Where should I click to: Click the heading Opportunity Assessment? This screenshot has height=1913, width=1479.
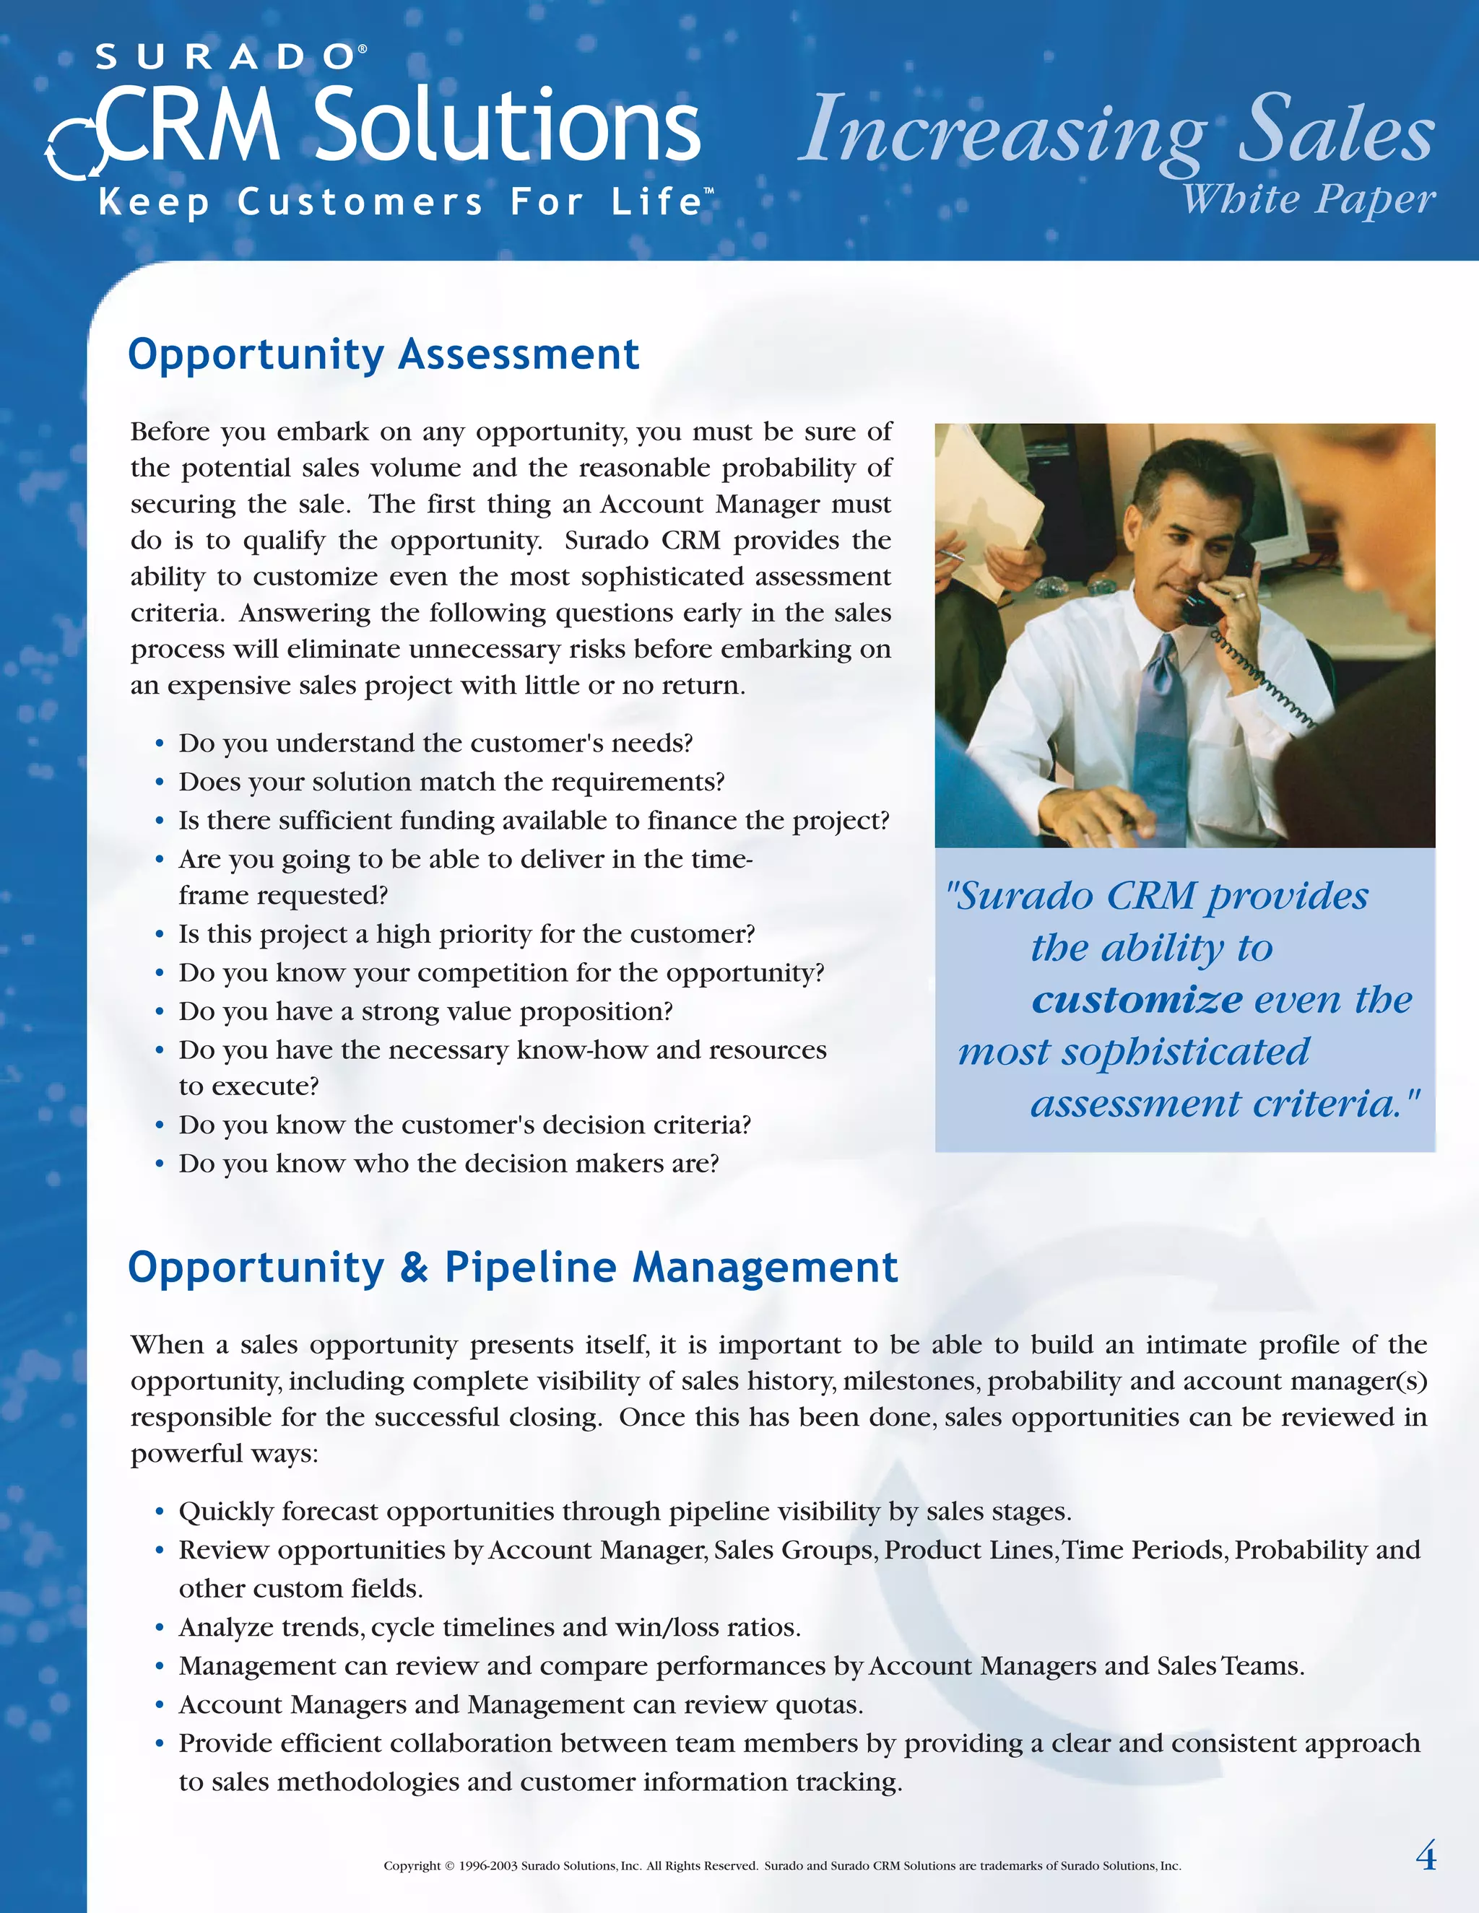coord(383,354)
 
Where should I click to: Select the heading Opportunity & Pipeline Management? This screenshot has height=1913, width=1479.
coord(513,1268)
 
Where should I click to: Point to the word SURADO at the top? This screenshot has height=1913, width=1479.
coord(223,58)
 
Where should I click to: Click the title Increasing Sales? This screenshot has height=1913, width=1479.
coord(1115,131)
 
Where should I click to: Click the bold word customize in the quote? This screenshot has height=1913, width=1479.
coord(1137,999)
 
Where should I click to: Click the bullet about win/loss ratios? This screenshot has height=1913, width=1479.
coord(489,1626)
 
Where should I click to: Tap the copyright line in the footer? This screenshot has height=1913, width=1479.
coord(781,1865)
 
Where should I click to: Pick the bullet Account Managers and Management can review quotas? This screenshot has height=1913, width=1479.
coord(521,1704)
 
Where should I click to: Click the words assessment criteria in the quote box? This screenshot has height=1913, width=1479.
coord(1224,1103)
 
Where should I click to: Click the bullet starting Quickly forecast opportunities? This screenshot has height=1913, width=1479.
coord(624,1511)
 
